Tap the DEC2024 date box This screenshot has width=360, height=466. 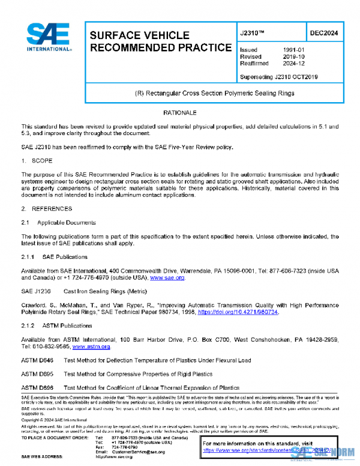pos(323,34)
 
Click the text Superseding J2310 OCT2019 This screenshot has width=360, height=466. pos(278,76)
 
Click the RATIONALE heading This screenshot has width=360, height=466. pos(179,113)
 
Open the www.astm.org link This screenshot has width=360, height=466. pos(91,346)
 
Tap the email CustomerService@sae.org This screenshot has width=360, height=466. pos(137,452)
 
